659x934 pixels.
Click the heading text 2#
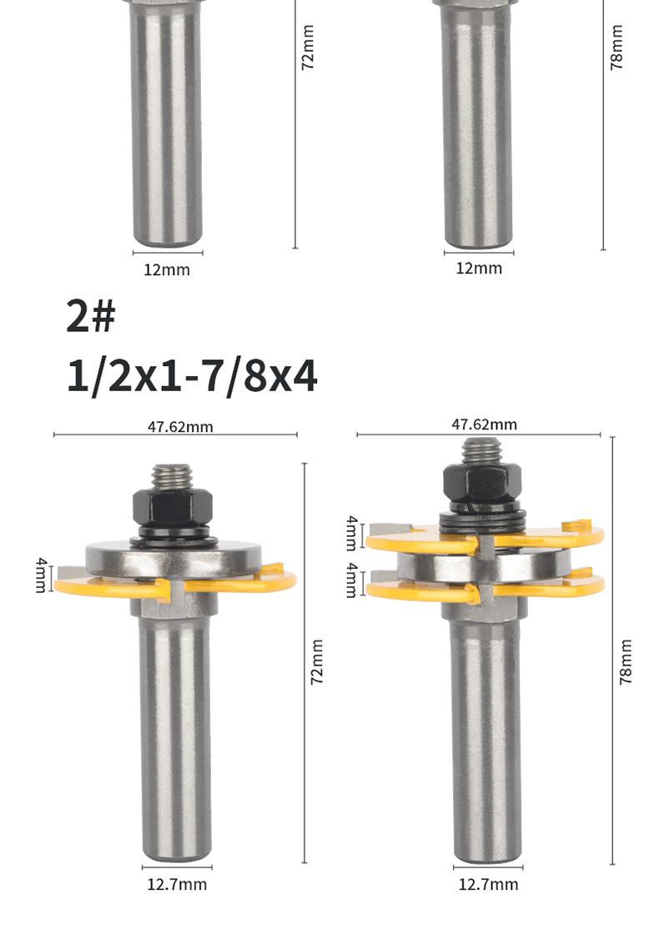[x=91, y=316]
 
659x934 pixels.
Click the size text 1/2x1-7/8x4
[x=191, y=376]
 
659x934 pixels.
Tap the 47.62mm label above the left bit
[x=180, y=426]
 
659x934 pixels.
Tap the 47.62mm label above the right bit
[x=484, y=424]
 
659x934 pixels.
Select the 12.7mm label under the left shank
[x=177, y=884]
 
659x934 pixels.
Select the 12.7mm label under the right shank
[x=488, y=884]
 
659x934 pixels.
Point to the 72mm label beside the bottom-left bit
[x=317, y=662]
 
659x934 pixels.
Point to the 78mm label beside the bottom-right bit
[x=625, y=662]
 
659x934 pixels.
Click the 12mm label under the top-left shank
[x=167, y=270]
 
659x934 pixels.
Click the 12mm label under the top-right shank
[x=479, y=268]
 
